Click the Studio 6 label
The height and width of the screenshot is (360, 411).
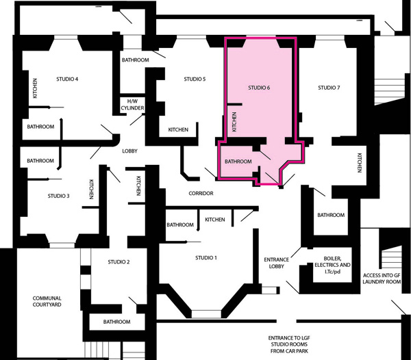[259, 88]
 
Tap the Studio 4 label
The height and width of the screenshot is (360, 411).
[67, 79]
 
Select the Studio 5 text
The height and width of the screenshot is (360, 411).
[195, 79]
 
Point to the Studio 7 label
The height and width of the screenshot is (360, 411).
[329, 88]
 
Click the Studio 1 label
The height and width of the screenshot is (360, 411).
[206, 258]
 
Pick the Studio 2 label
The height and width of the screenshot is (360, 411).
[119, 262]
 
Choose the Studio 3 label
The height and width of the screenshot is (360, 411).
[58, 196]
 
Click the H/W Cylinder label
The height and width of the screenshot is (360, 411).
[132, 105]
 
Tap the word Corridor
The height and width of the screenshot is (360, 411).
[201, 193]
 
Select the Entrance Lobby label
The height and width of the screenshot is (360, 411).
[276, 263]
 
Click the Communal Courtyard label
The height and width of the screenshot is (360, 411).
[47, 301]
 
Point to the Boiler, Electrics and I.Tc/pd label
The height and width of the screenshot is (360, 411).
[332, 265]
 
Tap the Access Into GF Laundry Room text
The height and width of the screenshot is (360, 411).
[382, 279]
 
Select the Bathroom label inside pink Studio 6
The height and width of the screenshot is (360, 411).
[238, 162]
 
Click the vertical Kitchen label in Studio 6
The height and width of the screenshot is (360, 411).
[234, 122]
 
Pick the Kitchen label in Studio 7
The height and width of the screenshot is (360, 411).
[360, 163]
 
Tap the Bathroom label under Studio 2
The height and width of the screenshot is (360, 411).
[116, 322]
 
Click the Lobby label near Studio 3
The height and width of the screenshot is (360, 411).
[129, 151]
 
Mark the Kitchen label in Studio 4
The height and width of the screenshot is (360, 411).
[35, 88]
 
